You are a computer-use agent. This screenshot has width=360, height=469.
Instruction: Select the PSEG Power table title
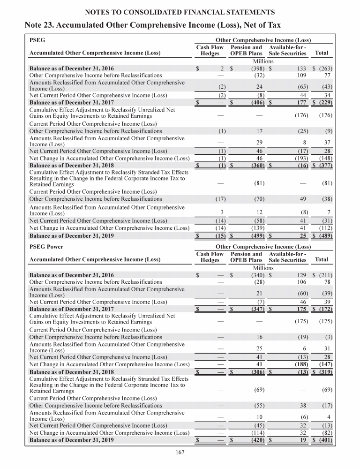[x=46, y=247]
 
